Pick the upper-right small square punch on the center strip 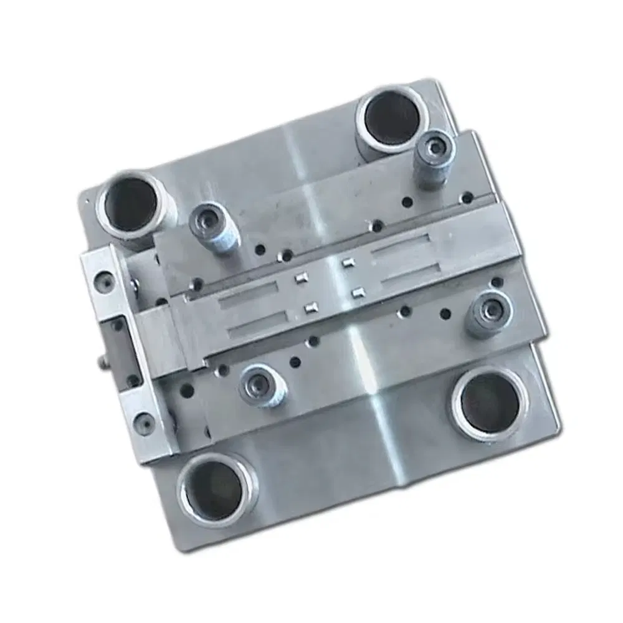348,264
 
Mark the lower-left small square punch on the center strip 310,307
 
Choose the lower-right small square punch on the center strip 358,292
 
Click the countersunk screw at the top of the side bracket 103,282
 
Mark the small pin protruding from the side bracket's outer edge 100,361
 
